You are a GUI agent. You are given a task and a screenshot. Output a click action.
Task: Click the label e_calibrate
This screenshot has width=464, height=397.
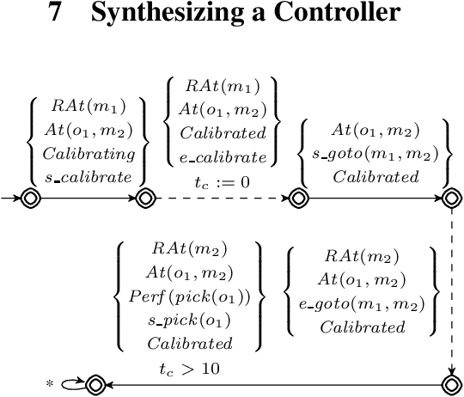tap(222, 156)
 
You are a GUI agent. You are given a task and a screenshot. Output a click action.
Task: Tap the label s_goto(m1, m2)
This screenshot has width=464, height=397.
tap(375, 155)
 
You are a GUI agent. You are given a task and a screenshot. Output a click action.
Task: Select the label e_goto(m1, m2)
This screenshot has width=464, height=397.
tap(361, 302)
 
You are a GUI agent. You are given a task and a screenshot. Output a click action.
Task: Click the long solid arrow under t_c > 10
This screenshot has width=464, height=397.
tap(275, 384)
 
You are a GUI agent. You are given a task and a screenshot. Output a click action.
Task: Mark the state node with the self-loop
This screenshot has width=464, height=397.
tap(94, 384)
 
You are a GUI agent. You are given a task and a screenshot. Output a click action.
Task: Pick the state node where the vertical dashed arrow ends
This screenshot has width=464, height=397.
tap(452, 384)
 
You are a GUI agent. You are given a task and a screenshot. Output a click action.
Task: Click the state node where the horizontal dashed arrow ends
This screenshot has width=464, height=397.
tap(298, 199)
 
